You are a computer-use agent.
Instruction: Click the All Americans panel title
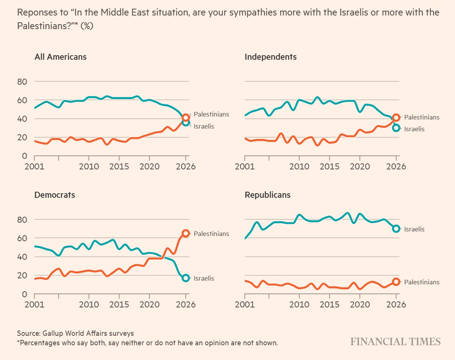tap(61, 57)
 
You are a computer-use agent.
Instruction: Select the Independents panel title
tap(270, 57)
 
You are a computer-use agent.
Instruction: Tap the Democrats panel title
tap(54, 195)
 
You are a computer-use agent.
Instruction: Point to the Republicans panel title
tap(267, 195)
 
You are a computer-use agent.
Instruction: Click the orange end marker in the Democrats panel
tap(186, 233)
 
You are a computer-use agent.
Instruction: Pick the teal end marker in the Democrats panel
tap(186, 278)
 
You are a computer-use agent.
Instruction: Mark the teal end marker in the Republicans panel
tap(396, 228)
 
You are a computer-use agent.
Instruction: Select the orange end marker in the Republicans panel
tap(396, 281)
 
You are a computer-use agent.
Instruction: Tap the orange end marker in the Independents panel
tap(396, 117)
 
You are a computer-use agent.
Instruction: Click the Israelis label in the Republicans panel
tap(414, 229)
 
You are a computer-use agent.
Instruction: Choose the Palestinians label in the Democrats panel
tap(211, 234)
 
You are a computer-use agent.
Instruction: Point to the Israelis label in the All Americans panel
tap(204, 126)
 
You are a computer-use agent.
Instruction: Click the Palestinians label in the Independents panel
tap(422, 117)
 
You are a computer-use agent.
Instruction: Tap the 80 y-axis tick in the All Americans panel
tap(22, 82)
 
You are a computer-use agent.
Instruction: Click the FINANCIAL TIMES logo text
tap(395, 341)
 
